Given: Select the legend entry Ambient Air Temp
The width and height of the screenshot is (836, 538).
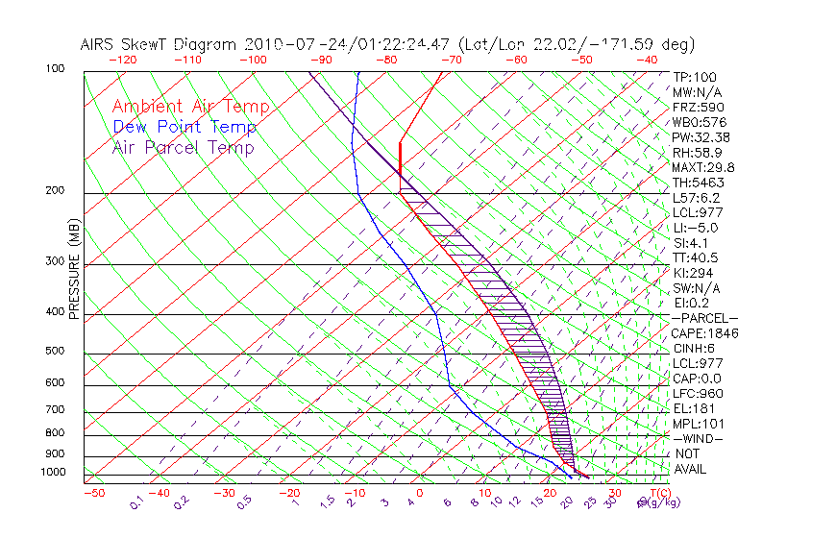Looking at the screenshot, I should (190, 107).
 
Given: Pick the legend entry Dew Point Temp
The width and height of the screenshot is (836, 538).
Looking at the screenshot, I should (184, 127).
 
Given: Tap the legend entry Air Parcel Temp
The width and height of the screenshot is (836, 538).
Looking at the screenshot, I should (183, 147).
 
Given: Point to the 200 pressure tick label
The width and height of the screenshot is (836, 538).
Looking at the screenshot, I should (55, 191).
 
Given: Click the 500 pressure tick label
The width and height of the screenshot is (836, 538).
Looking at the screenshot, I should (55, 351).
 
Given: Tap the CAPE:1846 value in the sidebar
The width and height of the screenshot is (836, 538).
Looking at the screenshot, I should (701, 333).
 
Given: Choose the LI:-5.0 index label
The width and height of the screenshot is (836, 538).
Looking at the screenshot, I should (695, 228).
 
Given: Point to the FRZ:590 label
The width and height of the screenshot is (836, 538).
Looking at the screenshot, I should (698, 107).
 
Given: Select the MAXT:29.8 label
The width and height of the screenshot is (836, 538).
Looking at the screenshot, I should (701, 167).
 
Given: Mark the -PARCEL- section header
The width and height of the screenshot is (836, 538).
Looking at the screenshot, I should (704, 318).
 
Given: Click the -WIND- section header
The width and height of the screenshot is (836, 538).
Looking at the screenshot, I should (699, 438).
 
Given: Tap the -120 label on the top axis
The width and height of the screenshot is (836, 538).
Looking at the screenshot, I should (122, 60).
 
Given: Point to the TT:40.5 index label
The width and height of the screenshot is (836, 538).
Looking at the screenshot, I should (695, 257).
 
